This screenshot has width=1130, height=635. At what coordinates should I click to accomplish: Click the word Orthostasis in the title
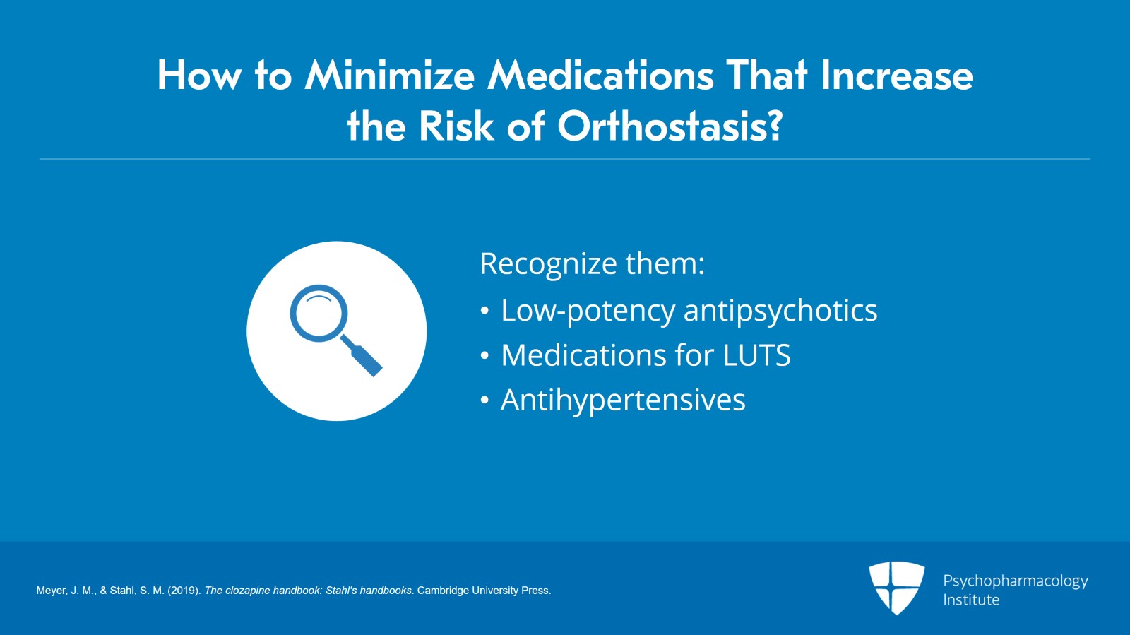click(670, 127)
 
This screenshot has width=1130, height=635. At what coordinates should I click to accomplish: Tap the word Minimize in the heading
click(389, 76)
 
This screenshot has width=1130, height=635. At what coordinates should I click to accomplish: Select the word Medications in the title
click(601, 76)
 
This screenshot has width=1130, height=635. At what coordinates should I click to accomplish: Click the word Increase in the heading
click(896, 76)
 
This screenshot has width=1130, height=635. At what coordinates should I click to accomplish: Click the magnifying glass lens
click(319, 313)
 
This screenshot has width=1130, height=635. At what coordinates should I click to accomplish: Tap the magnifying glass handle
click(364, 357)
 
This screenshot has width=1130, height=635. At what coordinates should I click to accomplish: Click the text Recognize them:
click(592, 264)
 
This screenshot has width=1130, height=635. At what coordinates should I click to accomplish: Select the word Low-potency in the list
click(588, 311)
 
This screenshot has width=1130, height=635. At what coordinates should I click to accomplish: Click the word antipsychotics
click(780, 311)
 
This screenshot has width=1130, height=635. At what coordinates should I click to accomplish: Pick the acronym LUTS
click(756, 355)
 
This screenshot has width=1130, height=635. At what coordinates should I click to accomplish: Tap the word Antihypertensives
click(623, 400)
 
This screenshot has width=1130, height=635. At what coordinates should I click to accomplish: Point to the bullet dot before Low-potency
click(484, 311)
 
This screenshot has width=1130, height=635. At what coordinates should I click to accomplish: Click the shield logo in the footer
click(896, 587)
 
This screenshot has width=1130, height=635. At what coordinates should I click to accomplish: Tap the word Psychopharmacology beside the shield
click(1015, 581)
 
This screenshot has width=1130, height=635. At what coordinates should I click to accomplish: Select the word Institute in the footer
click(971, 600)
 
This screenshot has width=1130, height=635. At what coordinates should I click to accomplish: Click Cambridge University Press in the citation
click(484, 591)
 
